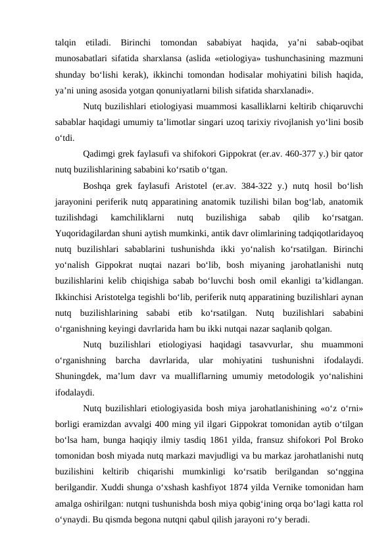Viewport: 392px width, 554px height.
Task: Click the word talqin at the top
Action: click(x=66, y=43)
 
